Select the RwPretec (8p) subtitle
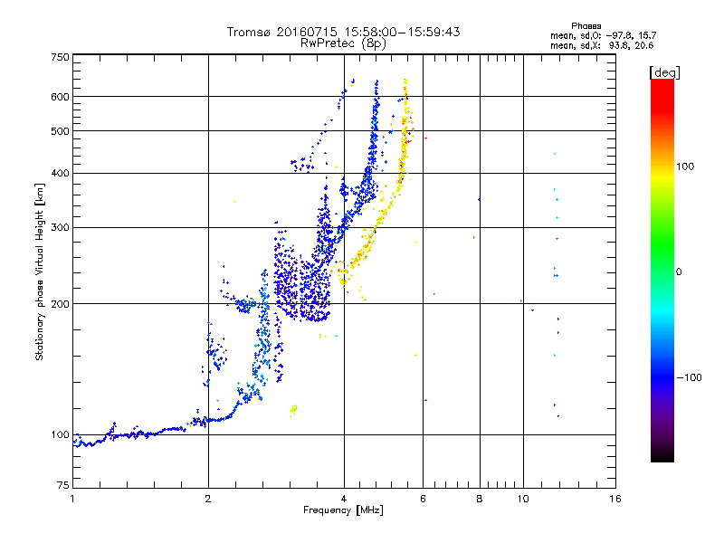coord(343,43)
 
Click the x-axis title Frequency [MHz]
coord(343,510)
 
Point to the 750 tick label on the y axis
coord(60,57)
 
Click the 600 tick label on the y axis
coord(60,97)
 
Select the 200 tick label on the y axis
coord(60,304)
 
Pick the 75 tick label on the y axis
coord(63,485)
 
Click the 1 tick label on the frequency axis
coord(72,499)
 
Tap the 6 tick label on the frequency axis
coord(423,499)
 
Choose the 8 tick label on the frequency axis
coord(480,499)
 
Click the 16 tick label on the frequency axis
coord(615,499)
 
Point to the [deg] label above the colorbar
coord(664,72)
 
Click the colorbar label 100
coord(685,167)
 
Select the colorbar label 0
coord(679,271)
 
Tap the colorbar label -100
coord(689,377)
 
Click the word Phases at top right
coord(586,26)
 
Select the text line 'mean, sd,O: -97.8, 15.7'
coord(603,35)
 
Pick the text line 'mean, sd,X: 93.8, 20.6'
coord(602,45)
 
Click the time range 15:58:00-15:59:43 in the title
coord(402,32)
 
